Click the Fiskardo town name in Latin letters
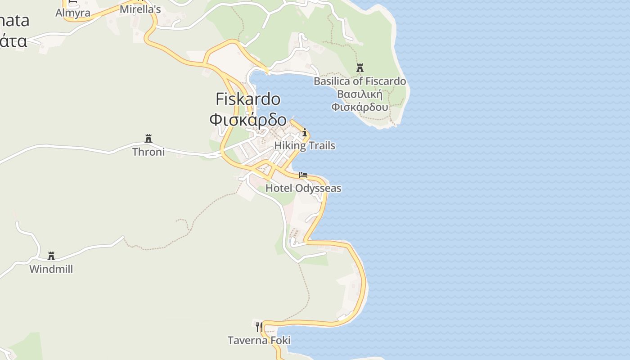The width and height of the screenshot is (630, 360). click(x=248, y=99)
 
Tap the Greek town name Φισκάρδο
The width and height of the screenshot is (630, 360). click(x=248, y=120)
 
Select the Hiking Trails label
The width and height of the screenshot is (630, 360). click(x=305, y=146)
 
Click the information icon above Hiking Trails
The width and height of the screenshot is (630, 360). click(x=305, y=133)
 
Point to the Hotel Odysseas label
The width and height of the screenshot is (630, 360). click(x=303, y=188)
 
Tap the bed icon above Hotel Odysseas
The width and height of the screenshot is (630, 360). click(x=303, y=175)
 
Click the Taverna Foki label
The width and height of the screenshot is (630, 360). click(x=259, y=340)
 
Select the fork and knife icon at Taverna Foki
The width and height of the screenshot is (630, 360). click(x=259, y=327)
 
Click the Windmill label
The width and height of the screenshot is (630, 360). click(x=51, y=269)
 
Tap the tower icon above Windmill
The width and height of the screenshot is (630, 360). click(x=51, y=256)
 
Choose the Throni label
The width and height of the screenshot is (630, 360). click(x=148, y=152)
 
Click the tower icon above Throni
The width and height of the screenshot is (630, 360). click(x=148, y=138)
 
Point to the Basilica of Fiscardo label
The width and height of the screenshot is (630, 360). click(x=360, y=81)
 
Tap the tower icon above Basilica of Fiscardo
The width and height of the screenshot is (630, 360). click(x=360, y=68)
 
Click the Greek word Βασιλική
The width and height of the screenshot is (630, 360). click(x=360, y=94)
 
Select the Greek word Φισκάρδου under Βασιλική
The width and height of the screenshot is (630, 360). click(x=360, y=107)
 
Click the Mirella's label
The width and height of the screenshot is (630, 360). click(x=140, y=9)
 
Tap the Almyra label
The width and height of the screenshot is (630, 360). click(x=73, y=13)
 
